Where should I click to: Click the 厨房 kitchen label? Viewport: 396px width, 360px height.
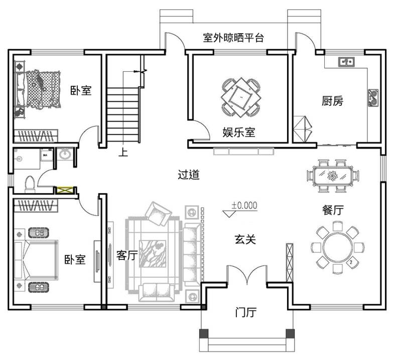pos(332,101)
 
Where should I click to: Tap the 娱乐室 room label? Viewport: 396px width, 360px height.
pos(239,133)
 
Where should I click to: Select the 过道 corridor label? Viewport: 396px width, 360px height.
pos(189,175)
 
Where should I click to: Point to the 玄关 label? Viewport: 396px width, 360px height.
pos(245,239)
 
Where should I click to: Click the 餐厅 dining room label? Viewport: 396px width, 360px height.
pos(332,210)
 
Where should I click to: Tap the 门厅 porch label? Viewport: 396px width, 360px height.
pos(246,312)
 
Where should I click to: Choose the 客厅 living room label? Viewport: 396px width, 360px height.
pos(127,255)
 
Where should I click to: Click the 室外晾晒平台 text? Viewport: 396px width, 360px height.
pos(233,38)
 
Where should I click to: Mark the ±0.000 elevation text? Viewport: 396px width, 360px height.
pos(244,205)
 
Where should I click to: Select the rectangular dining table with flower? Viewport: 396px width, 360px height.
pos(333,175)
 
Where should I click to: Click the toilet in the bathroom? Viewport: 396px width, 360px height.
pos(30,184)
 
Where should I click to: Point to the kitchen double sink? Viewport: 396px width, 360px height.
pos(346,62)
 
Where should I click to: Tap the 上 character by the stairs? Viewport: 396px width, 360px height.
pos(123,152)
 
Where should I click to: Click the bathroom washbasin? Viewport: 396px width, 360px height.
pos(65,154)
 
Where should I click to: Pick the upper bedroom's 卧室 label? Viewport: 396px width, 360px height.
pos(81,90)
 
